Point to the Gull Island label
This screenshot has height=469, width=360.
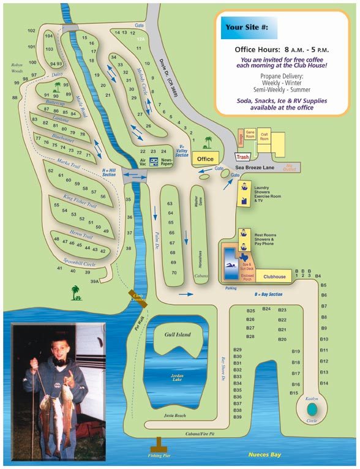pyautogui.click(x=178, y=335)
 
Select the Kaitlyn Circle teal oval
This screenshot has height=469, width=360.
pyautogui.click(x=312, y=407)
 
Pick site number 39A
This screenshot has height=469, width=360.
pyautogui.click(x=94, y=281)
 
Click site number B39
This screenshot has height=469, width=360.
pyautogui.click(x=238, y=417)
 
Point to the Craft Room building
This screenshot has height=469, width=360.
pyautogui.click(x=264, y=138)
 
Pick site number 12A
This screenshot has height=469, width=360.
pyautogui.click(x=141, y=39)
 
